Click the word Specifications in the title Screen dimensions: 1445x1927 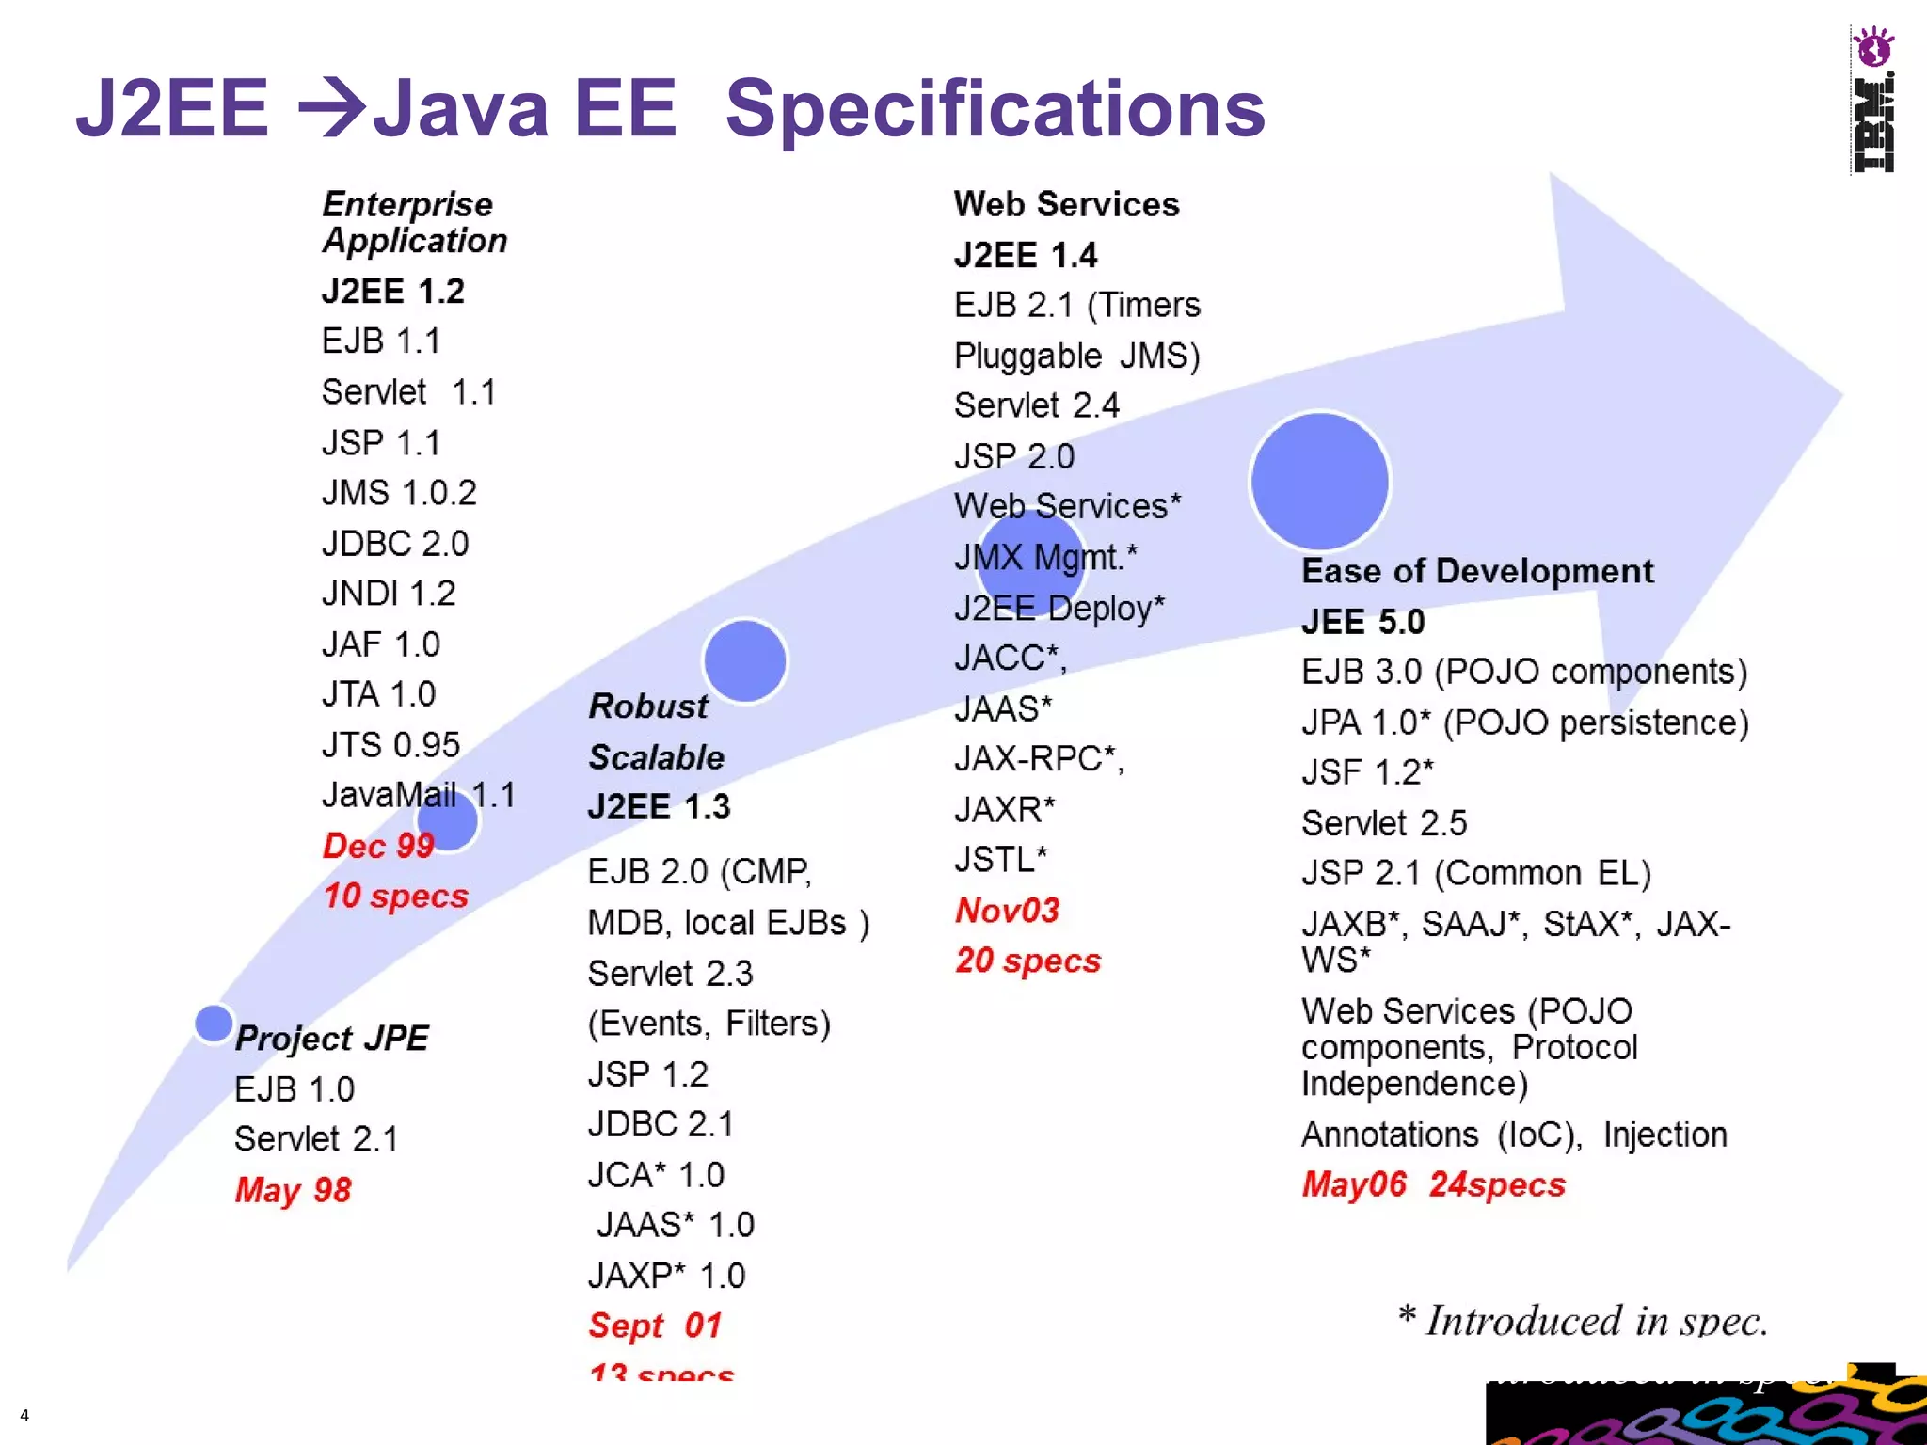coord(995,108)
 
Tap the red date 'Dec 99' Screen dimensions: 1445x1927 coord(378,846)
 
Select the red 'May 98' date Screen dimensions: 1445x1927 coord(293,1190)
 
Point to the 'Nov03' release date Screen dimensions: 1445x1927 coord(1007,910)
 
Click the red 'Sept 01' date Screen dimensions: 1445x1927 coord(655,1326)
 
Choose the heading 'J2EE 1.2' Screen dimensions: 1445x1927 coord(393,291)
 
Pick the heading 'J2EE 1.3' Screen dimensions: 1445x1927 coord(659,807)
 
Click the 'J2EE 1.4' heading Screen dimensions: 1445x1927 coord(1026,255)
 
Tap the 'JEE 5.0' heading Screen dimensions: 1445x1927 coord(1362,622)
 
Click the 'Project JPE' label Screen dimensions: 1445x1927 coord(331,1038)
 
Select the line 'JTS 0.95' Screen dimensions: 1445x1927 coord(390,745)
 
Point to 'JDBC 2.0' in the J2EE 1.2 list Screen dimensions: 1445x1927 coord(395,544)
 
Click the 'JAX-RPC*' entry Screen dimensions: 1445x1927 coord(1039,758)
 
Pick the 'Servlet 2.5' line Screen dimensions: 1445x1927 coord(1384,823)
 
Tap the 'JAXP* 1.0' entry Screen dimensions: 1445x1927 coord(666,1276)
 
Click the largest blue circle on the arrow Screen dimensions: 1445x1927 coord(1319,481)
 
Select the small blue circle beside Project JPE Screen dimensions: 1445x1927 coord(214,1024)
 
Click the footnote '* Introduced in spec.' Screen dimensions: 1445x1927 coord(1583,1321)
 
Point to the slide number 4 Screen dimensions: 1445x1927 coord(24,1415)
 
